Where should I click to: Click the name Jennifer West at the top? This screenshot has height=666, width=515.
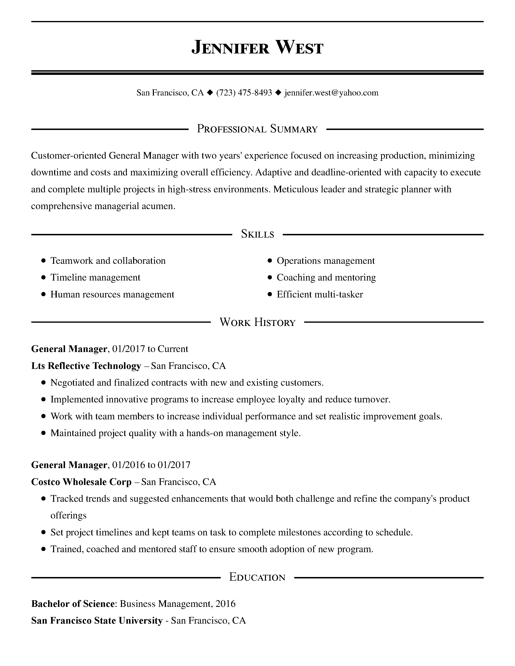pos(257,48)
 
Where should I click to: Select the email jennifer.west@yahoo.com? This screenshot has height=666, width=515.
pos(331,93)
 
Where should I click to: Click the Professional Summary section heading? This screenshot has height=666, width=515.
pos(257,129)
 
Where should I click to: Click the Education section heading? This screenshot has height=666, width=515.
pos(257,577)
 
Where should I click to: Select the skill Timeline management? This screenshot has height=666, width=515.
pos(95,277)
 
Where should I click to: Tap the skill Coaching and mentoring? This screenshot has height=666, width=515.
pos(326,277)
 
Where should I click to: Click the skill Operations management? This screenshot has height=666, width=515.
pos(326,261)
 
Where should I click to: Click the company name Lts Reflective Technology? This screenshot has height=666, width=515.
pos(86,366)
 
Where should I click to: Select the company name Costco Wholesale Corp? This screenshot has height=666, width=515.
pos(81,482)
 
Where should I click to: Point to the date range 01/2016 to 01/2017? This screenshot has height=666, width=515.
pos(151,465)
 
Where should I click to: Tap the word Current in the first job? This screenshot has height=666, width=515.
pos(173,349)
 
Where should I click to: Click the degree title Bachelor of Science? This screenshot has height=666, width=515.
pos(73,604)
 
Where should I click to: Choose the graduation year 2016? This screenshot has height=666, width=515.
pos(225,604)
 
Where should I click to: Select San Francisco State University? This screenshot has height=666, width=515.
pos(97,621)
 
